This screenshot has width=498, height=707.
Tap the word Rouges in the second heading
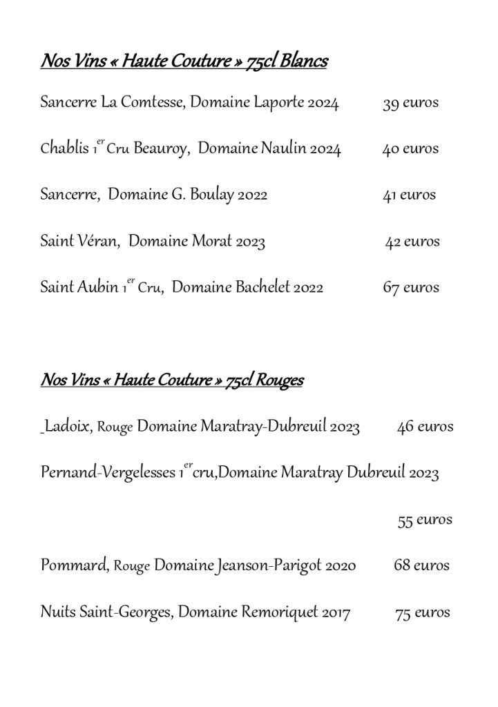pyautogui.click(x=280, y=380)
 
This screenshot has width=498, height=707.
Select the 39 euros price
pyautogui.click(x=410, y=104)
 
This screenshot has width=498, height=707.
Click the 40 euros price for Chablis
pyautogui.click(x=410, y=149)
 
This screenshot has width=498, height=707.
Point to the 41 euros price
pyautogui.click(x=410, y=195)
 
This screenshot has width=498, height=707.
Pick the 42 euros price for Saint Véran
pyautogui.click(x=412, y=242)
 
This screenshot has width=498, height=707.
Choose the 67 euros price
pyautogui.click(x=411, y=287)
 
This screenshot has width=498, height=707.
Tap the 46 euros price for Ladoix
pyautogui.click(x=425, y=427)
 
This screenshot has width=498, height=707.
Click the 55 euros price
pyautogui.click(x=425, y=519)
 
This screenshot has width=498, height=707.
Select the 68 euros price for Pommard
pyautogui.click(x=421, y=565)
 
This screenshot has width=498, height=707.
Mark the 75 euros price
pyautogui.click(x=422, y=612)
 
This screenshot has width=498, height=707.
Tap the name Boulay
pyautogui.click(x=212, y=195)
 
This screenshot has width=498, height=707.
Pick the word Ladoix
pyautogui.click(x=68, y=427)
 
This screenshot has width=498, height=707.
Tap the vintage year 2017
pyautogui.click(x=336, y=612)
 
